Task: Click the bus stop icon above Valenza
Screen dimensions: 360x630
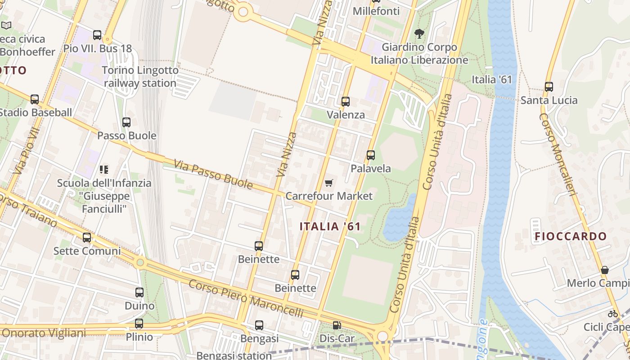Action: [x=346, y=101]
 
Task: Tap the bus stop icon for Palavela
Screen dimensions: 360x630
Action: [x=371, y=155]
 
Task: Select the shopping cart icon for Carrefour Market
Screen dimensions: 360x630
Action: [x=329, y=183]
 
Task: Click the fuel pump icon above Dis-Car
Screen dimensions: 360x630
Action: [x=337, y=325]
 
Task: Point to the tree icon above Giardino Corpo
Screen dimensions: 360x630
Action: [x=419, y=34]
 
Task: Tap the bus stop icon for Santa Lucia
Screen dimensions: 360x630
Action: [x=549, y=87]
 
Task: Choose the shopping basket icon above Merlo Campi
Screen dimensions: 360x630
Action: [x=605, y=270]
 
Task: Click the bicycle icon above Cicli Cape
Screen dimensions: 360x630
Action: [x=613, y=314]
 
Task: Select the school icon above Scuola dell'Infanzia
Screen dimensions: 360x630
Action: [x=104, y=170]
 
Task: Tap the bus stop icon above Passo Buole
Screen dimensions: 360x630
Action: [x=126, y=122]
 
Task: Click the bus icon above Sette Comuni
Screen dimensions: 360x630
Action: [x=87, y=238]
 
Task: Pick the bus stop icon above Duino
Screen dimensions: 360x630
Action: [x=139, y=292]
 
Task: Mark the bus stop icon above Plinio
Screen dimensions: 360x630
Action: [x=139, y=324]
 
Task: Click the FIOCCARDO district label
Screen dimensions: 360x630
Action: [x=571, y=236]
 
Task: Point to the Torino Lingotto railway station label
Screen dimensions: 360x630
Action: [x=140, y=77]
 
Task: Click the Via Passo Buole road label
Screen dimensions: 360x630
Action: [x=213, y=175]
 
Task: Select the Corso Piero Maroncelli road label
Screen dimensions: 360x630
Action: [x=246, y=298]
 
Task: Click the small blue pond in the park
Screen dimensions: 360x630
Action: [x=398, y=218]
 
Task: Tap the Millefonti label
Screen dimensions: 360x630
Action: [x=376, y=11]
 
